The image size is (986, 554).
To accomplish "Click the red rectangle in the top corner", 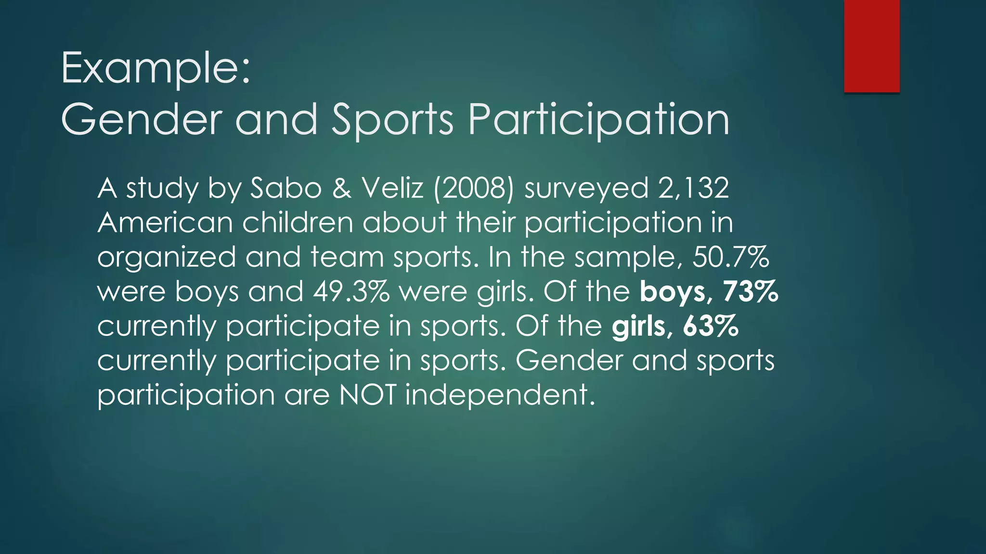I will [x=871, y=46].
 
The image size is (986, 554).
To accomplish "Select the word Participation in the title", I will [x=598, y=120].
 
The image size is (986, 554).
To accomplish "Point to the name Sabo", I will [x=286, y=188].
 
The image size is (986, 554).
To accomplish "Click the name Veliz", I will [x=393, y=188].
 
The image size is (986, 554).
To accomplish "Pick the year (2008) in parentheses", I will [x=474, y=188].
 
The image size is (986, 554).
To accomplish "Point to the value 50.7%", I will [x=731, y=257].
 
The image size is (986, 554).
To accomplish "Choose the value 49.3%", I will [x=351, y=292].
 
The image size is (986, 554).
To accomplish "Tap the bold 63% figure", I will [x=711, y=327].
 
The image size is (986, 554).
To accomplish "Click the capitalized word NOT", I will [x=368, y=395].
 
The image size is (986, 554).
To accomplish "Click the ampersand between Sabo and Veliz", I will [x=342, y=188].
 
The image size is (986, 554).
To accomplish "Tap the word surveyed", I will [x=585, y=189].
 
